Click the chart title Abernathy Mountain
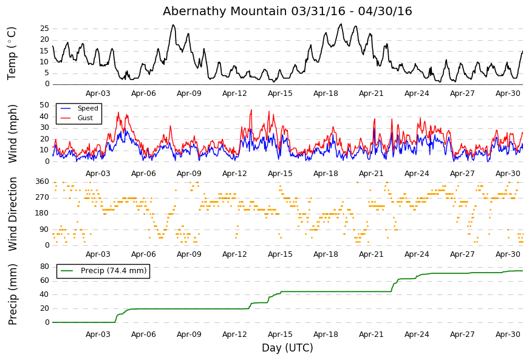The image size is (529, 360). pyautogui.click(x=225, y=11)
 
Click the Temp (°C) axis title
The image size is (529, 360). pyautogui.click(x=12, y=53)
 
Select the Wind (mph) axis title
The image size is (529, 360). pyautogui.click(x=12, y=134)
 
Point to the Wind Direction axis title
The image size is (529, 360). pyautogui.click(x=12, y=214)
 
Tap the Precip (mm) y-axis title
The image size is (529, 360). pyautogui.click(x=12, y=294)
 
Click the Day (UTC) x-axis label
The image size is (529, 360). pyautogui.click(x=287, y=348)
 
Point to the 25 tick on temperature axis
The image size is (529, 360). pyautogui.click(x=44, y=29)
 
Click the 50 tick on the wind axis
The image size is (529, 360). pyautogui.click(x=44, y=105)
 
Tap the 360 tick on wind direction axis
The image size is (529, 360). pyautogui.click(x=43, y=182)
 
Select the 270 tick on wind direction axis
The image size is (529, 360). pyautogui.click(x=43, y=197)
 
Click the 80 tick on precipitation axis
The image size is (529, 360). pyautogui.click(x=44, y=267)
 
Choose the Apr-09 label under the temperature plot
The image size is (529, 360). pyautogui.click(x=189, y=93)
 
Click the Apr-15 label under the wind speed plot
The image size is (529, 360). pyautogui.click(x=280, y=174)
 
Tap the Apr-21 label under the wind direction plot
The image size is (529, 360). pyautogui.click(x=371, y=254)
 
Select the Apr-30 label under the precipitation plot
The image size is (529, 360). pyautogui.click(x=508, y=335)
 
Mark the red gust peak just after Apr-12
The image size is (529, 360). pyautogui.click(x=251, y=110)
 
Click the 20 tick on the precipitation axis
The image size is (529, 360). pyautogui.click(x=44, y=308)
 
